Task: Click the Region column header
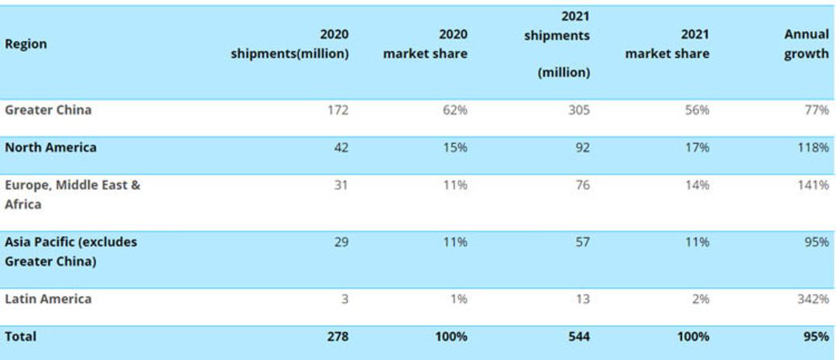[26, 43]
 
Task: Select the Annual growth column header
[806, 44]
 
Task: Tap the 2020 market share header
[426, 44]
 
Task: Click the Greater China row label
[48, 110]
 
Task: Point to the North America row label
[50, 147]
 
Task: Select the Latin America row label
[48, 299]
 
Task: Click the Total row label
[21, 337]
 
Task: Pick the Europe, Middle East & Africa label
[73, 194]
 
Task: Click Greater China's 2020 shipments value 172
[338, 111]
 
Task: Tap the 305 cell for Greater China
[579, 111]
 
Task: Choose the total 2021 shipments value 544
[579, 337]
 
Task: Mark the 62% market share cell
[457, 111]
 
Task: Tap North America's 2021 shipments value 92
[583, 148]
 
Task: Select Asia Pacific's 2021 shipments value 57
[583, 242]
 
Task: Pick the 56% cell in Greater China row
[698, 111]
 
